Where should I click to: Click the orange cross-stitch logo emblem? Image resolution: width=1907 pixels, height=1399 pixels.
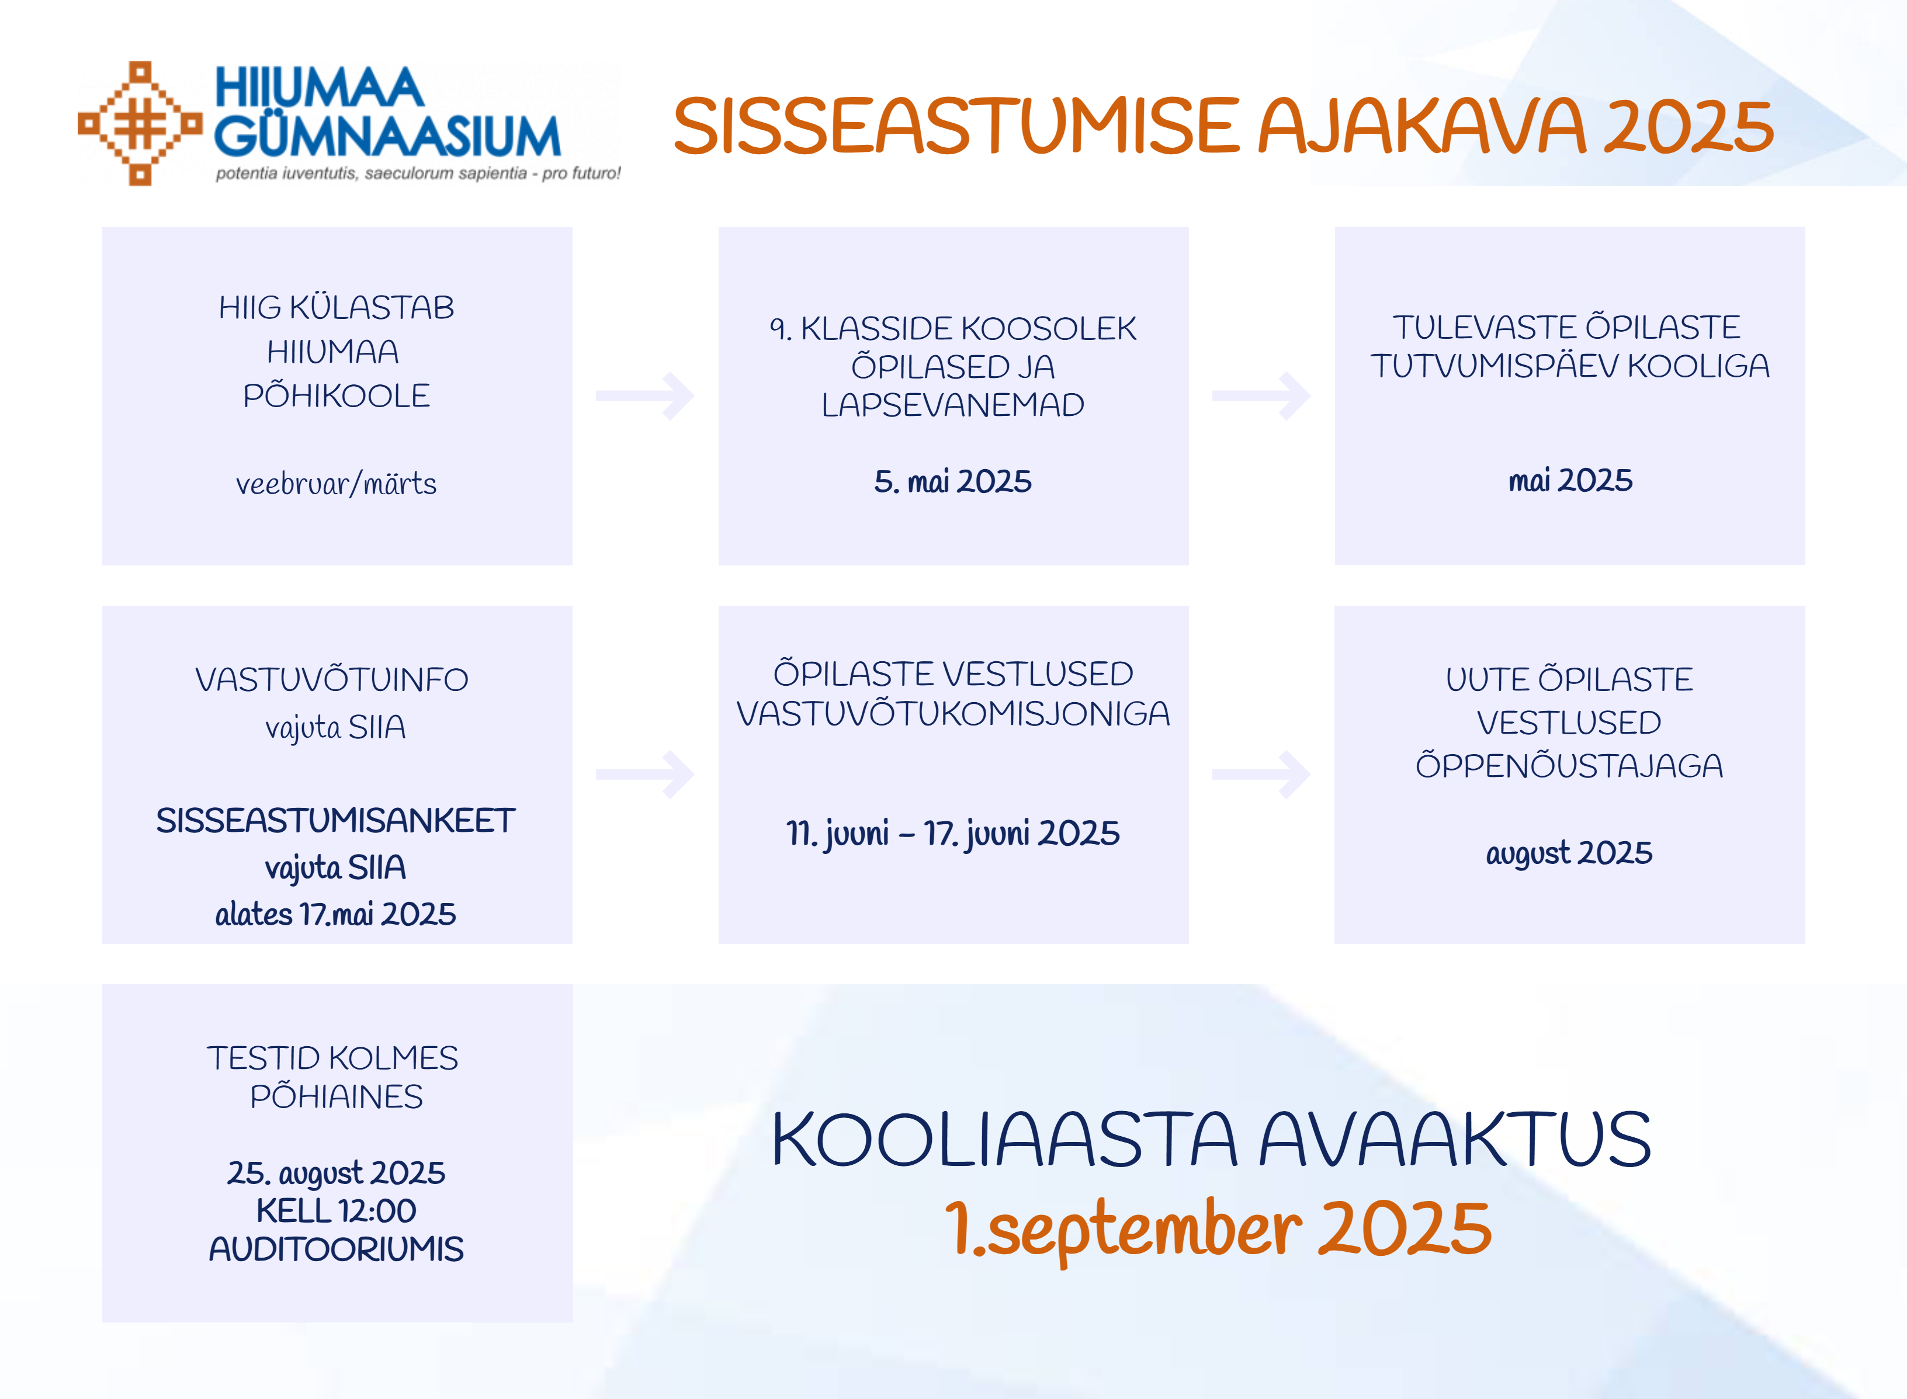(141, 123)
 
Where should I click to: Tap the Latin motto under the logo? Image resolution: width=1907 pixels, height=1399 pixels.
(418, 173)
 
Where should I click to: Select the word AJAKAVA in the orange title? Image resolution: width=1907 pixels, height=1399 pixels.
(1421, 126)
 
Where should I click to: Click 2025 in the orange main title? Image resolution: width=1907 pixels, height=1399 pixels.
(1688, 127)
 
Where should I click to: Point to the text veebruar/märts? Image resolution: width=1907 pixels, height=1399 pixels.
(336, 484)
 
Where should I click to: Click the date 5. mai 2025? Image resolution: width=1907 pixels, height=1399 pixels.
(953, 481)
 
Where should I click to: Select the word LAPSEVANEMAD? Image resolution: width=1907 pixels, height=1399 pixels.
(953, 405)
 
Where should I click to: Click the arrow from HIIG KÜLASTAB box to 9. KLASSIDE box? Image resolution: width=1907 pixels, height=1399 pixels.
(645, 395)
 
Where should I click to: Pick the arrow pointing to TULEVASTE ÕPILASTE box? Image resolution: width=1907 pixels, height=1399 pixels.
(1262, 395)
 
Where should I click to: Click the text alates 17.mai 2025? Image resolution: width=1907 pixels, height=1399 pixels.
(335, 914)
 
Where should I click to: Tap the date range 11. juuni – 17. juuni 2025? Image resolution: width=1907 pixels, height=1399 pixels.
(953, 834)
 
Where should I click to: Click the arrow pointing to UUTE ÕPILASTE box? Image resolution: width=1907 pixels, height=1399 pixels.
(1262, 774)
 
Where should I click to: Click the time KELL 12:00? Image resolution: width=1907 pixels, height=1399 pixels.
(336, 1211)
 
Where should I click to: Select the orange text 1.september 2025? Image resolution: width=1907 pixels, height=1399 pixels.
(1219, 1230)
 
